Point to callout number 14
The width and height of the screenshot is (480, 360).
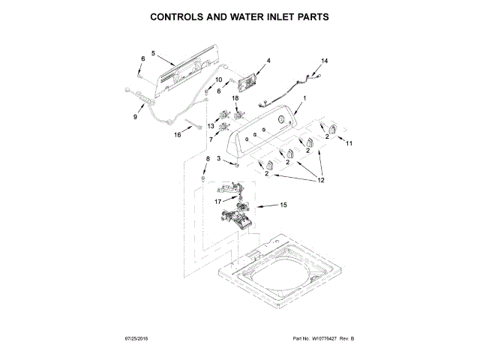pos(325,61)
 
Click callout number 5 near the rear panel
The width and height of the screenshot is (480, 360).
pos(152,54)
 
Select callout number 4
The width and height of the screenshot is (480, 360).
pos(268,61)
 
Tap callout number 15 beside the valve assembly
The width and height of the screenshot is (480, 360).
pos(283,205)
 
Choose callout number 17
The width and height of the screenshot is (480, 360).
pos(217,201)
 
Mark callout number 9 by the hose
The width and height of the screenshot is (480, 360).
pos(136,116)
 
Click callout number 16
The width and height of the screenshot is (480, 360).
pos(178,136)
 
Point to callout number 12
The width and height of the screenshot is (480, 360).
pos(322,179)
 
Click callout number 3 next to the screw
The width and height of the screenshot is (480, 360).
pos(218,159)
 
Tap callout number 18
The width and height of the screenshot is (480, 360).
pos(235,98)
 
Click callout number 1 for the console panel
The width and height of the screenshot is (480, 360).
pos(305,100)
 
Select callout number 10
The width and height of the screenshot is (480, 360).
pos(219,79)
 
